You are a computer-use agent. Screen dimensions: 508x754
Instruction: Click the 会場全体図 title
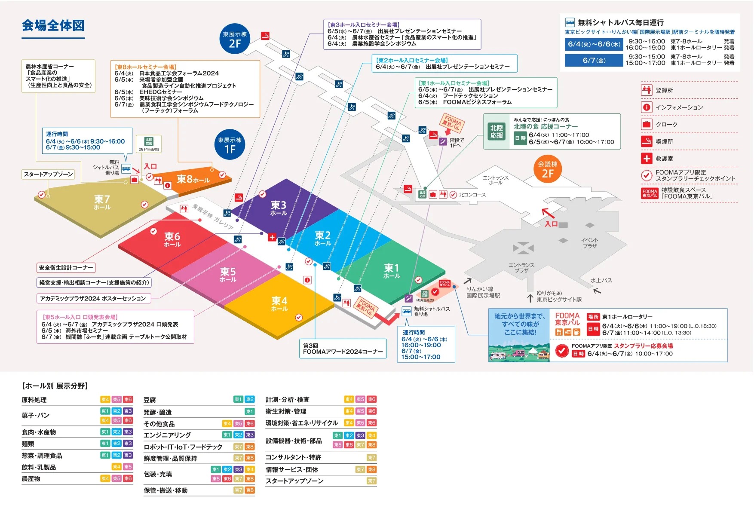point(53,26)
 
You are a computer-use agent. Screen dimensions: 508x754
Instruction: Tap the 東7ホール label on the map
point(102,202)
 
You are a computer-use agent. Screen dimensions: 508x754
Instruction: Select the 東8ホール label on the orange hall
point(193,179)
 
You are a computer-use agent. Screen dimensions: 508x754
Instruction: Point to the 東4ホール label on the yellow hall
point(279,303)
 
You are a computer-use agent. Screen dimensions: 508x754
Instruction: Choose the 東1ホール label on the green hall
point(392,271)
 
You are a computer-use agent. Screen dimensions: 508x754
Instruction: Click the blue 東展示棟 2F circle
point(235,39)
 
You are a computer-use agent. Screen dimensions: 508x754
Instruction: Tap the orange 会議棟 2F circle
point(548,169)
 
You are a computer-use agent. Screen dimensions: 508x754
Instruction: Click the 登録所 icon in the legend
point(647,90)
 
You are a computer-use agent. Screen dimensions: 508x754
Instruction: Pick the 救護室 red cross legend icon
point(647,159)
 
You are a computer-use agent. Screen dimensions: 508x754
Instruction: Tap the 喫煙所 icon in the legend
point(647,141)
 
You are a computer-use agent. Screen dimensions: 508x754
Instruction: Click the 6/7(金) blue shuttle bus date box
point(594,61)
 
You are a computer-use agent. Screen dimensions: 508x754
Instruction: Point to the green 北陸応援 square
point(497,132)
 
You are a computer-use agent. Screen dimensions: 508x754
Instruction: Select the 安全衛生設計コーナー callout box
point(66,268)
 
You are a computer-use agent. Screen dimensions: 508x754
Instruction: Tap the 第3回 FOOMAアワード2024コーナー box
point(343,349)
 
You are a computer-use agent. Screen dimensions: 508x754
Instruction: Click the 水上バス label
point(601,280)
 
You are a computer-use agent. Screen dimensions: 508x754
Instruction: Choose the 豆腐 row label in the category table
point(150,400)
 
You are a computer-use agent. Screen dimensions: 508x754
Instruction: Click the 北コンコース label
point(472,195)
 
